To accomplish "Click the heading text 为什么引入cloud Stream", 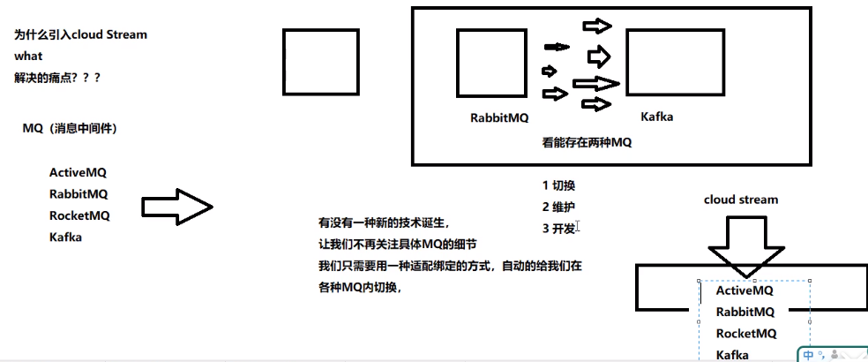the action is [81, 34].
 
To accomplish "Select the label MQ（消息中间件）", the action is [70, 129].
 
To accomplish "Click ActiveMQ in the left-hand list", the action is [78, 173].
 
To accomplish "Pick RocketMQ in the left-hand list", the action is [79, 215].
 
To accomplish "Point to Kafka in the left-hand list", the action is [65, 237].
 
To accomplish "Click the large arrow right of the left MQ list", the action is [177, 207].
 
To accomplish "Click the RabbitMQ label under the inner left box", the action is [499, 117].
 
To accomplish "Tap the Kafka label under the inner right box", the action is [657, 116].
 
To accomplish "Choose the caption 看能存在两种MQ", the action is [587, 141].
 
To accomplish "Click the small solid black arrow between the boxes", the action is [557, 47].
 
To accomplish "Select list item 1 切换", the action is [559, 185].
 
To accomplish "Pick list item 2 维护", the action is [559, 207].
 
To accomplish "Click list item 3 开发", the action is [559, 228].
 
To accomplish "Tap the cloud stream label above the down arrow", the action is [741, 200].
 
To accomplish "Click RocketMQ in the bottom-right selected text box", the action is [746, 333].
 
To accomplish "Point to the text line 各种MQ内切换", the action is [360, 286].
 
